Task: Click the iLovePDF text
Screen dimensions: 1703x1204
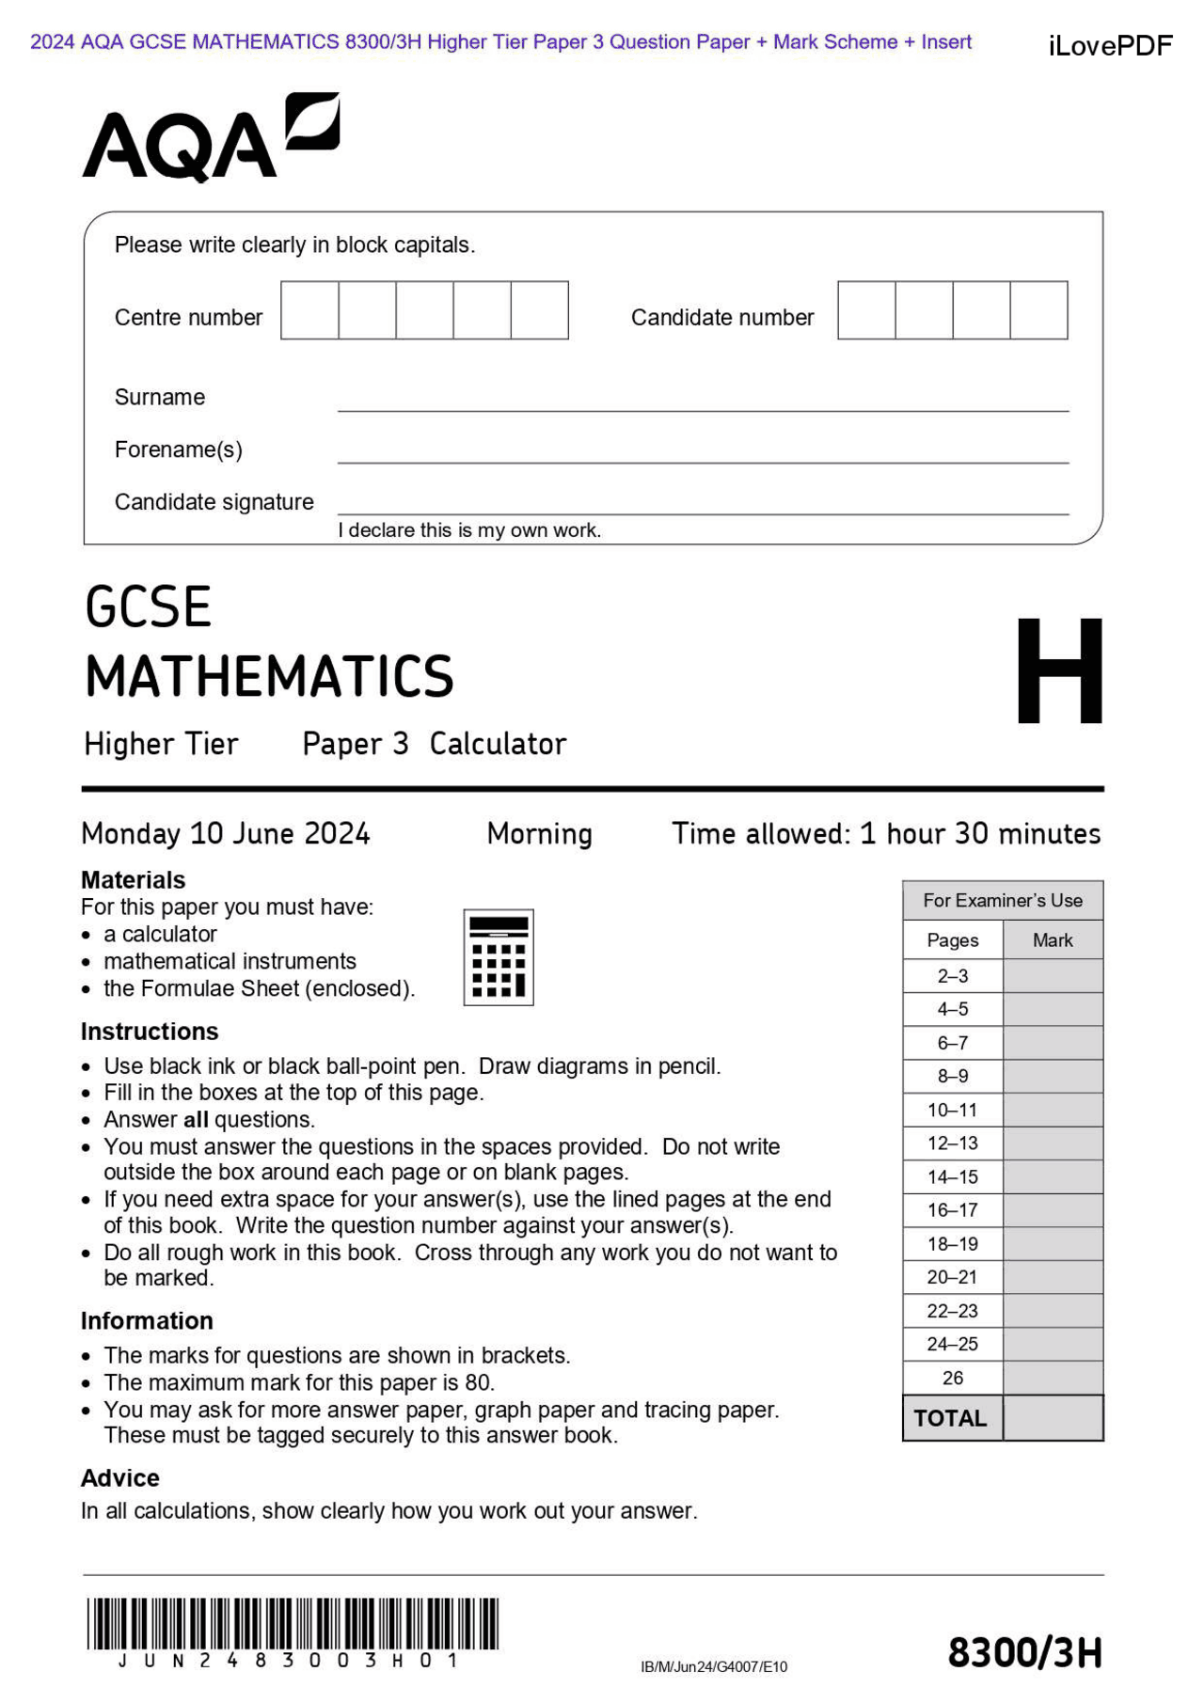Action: (1110, 45)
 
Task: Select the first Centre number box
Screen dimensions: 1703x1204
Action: (309, 309)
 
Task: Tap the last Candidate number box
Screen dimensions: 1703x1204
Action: (1038, 309)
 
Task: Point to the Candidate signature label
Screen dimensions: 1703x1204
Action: (214, 501)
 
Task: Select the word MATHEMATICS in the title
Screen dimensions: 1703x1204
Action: (269, 676)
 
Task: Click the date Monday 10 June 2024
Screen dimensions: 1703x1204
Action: (226, 833)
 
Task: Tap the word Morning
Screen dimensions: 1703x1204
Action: (539, 833)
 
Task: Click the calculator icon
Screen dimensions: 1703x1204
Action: (499, 956)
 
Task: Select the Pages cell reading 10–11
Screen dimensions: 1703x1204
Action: (952, 1110)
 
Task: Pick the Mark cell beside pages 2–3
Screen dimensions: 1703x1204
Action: (1053, 975)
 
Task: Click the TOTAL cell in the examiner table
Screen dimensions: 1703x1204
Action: (951, 1418)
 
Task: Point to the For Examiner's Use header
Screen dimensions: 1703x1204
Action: (1002, 900)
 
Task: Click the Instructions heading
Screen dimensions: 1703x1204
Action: (150, 1032)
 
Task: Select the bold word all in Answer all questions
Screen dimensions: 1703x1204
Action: (196, 1119)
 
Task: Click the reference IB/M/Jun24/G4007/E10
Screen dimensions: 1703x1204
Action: (713, 1666)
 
